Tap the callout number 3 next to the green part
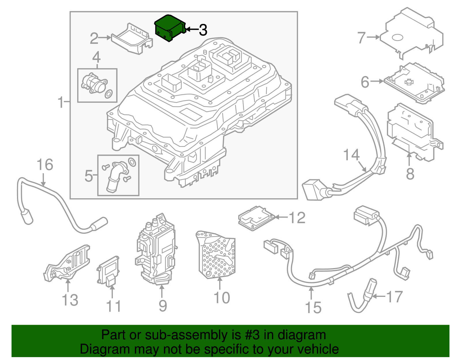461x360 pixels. coord(203,30)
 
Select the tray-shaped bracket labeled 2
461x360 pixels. coord(131,39)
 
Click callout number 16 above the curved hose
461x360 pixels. coord(45,165)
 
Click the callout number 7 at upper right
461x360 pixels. coord(362,38)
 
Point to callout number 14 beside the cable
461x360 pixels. coord(352,155)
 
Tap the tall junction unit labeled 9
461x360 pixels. coord(156,251)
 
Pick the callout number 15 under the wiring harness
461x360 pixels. coord(313,308)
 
